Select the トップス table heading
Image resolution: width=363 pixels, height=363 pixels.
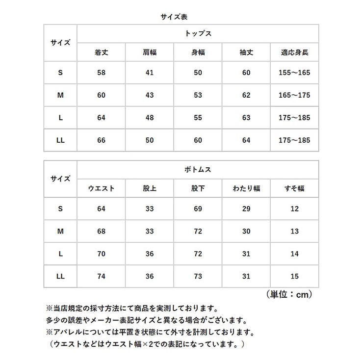pos(198,34)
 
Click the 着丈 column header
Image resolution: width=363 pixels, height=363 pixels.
pos(102,52)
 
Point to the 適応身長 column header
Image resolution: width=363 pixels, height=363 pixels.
pos(294,52)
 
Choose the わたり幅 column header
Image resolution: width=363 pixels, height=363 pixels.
pos(246,188)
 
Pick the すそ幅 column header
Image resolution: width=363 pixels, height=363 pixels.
pos(294,188)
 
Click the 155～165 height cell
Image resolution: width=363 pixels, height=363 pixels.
pos(294,73)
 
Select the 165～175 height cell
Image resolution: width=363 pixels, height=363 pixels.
pos(294,95)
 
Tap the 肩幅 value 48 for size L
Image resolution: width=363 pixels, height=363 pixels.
pos(150,118)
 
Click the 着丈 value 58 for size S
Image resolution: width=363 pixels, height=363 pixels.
pos(102,73)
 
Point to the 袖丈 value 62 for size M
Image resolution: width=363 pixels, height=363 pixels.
pos(246,95)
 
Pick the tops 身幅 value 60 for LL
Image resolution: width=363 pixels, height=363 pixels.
pos(198,140)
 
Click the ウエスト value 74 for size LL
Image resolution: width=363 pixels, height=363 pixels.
pos(102,277)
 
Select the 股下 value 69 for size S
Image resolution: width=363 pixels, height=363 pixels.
pos(198,209)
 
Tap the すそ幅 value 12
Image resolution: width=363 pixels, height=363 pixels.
pos(294,209)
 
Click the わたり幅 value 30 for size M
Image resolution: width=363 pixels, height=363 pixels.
pos(246,232)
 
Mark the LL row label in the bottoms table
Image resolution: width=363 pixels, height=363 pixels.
pos(60,277)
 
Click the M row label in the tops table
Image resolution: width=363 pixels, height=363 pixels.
pos(60,95)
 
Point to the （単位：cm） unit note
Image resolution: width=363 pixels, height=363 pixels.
pos(289,294)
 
